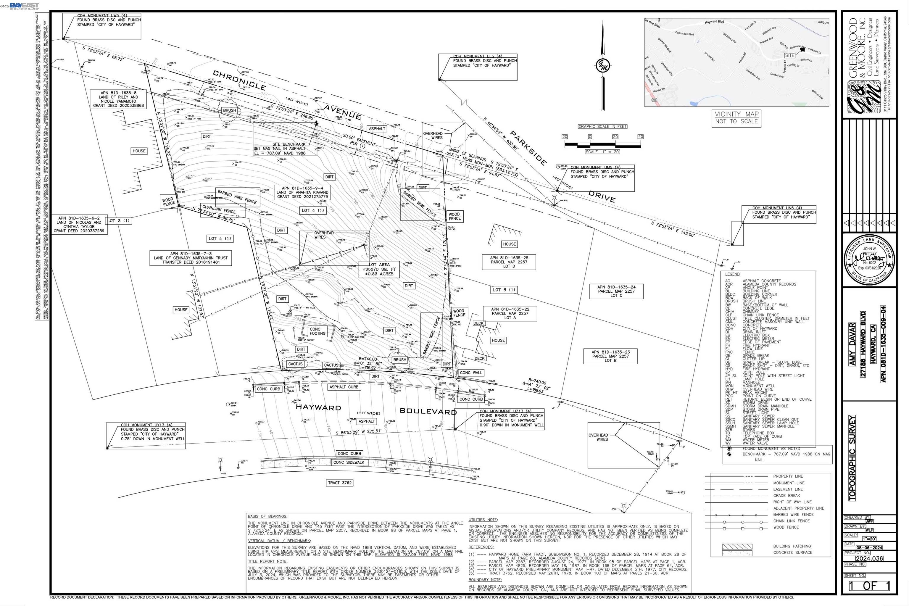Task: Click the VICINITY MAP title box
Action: click(x=736, y=118)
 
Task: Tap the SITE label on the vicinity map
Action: click(x=789, y=55)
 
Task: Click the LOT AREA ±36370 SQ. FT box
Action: click(x=379, y=269)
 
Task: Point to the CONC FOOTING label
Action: click(x=317, y=331)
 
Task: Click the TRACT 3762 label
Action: click(x=340, y=483)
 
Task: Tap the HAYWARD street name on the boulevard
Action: click(x=318, y=407)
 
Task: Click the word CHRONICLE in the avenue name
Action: click(x=239, y=80)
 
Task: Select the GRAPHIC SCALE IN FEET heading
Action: click(x=602, y=126)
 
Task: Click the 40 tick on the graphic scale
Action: click(x=640, y=136)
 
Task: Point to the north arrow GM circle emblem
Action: click(x=602, y=66)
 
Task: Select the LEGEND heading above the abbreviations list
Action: click(x=732, y=274)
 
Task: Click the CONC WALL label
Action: click(x=471, y=373)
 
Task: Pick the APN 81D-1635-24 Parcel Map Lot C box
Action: click(x=616, y=291)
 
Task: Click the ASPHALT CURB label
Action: click(x=344, y=387)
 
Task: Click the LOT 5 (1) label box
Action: click(x=504, y=289)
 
